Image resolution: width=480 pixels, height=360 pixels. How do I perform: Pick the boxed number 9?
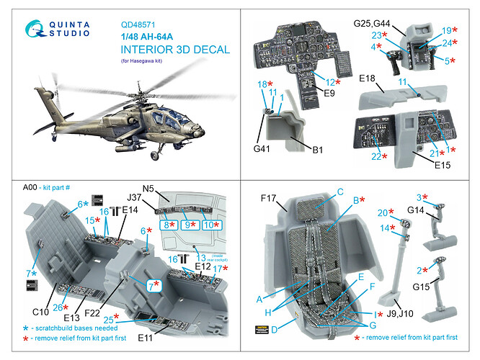coord(190,225)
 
